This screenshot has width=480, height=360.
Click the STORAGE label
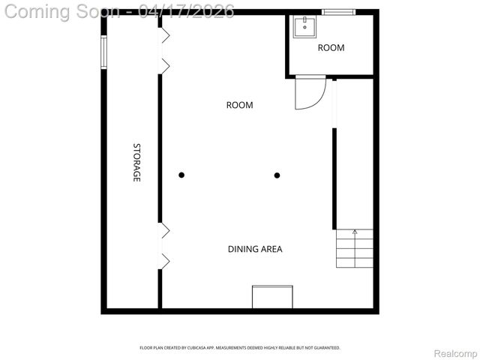(136, 163)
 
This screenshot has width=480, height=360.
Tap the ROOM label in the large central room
(239, 105)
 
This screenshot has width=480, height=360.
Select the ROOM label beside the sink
(331, 48)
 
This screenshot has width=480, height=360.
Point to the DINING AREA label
(255, 249)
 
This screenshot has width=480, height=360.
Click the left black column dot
(181, 175)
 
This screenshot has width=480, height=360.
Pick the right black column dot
(277, 175)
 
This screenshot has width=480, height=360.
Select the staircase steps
(354, 248)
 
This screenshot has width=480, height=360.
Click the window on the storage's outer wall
(104, 51)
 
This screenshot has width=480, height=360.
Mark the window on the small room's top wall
(337, 11)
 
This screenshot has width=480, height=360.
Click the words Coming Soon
(61, 10)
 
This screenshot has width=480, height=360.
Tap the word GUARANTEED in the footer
(325, 348)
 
